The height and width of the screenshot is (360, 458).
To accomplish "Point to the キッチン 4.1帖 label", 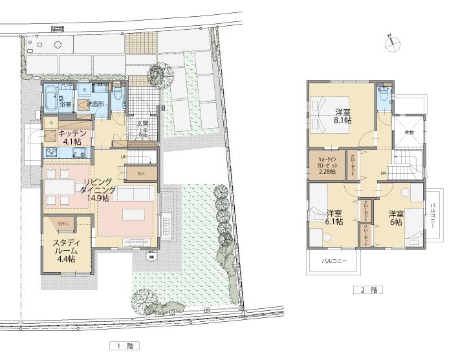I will coord(70,137).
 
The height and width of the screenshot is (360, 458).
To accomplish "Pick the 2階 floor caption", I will coord(367,290).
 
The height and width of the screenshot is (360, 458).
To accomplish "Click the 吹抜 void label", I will coord(409,132).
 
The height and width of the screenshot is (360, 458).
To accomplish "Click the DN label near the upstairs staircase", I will coord(383,173).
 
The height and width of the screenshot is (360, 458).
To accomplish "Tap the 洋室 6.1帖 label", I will coord(334,217).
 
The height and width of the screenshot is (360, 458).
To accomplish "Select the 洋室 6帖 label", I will coord(395,217).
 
